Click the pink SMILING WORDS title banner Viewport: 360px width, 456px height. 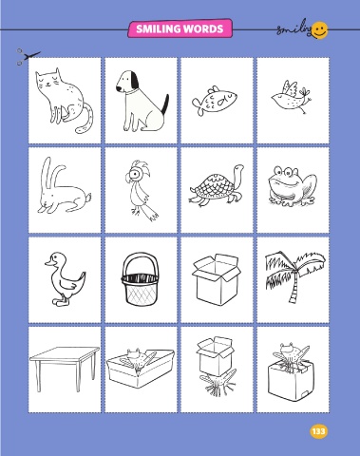click(x=180, y=28)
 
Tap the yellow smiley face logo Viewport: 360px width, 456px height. click(x=320, y=30)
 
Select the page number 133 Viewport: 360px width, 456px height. click(x=318, y=431)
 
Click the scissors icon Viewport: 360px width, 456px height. click(x=28, y=57)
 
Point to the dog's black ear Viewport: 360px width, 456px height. click(x=135, y=81)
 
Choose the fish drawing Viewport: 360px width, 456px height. click(x=215, y=100)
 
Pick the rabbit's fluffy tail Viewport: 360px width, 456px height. click(x=88, y=198)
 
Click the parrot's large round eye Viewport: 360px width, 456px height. click(x=136, y=174)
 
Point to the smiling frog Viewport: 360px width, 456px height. click(x=293, y=186)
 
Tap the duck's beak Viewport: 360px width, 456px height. click(x=48, y=262)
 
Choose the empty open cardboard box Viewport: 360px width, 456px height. click(x=217, y=279)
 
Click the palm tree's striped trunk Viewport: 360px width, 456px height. click(x=294, y=287)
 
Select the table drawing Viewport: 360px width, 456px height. click(x=65, y=368)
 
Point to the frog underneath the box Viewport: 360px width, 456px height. click(x=218, y=382)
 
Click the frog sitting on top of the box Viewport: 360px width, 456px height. click(x=291, y=354)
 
